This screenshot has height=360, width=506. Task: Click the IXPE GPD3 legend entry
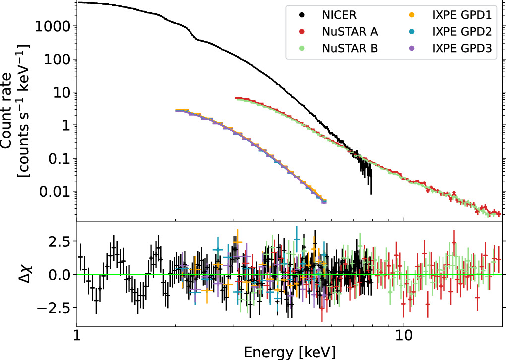[461, 48]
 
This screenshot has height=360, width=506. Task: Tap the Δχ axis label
[15, 274]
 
